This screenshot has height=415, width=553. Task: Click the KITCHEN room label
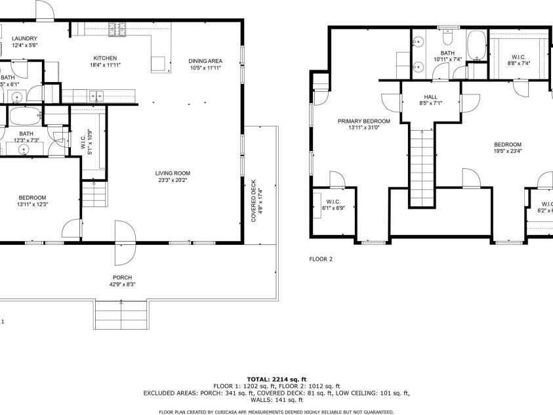(105, 58)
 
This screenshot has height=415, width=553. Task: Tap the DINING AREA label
(205, 60)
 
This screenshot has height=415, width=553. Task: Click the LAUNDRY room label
(25, 39)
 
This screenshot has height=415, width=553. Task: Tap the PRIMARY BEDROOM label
(363, 121)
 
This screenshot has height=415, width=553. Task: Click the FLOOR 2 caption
(321, 259)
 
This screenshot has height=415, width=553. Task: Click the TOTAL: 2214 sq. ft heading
(276, 379)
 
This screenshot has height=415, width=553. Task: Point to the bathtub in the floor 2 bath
(475, 49)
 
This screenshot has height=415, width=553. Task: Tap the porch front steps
(122, 315)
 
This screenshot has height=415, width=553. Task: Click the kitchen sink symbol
(96, 95)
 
